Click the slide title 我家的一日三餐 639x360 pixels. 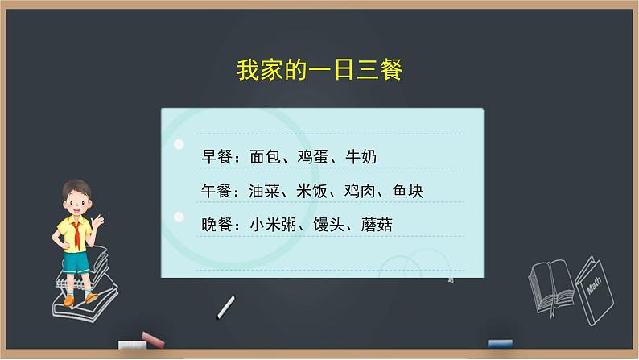click(319, 70)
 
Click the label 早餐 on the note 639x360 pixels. click(216, 156)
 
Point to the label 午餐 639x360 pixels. click(216, 191)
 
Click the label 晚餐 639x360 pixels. click(216, 226)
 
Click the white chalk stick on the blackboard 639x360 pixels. click(227, 306)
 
